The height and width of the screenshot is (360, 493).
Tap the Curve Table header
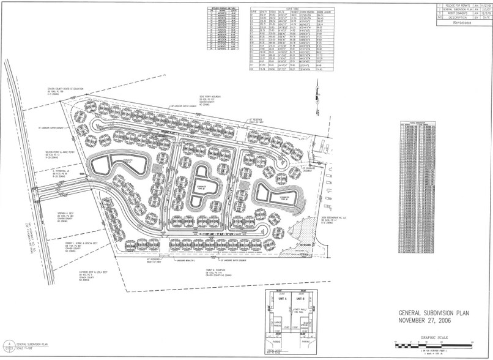[294, 10]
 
